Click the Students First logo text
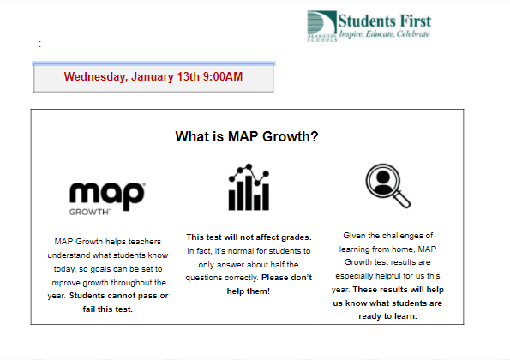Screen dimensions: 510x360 (x=385, y=21)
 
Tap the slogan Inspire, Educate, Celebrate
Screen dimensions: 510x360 (x=385, y=33)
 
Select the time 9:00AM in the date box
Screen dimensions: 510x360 (x=223, y=77)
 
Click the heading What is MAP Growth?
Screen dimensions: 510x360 (x=247, y=136)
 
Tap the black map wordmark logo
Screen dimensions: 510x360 (x=107, y=195)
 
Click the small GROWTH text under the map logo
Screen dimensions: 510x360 (x=89, y=212)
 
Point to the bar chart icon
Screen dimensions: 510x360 (x=249, y=187)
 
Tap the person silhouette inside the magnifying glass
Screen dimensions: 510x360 (x=383, y=181)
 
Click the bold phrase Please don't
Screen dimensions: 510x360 (x=286, y=278)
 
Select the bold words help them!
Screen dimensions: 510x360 (x=249, y=291)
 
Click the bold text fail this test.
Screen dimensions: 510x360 (x=108, y=309)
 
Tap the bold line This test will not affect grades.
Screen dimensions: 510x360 (x=249, y=237)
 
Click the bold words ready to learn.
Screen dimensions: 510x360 (x=387, y=316)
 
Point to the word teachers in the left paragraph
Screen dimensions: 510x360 (x=144, y=242)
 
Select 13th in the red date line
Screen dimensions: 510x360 (x=188, y=77)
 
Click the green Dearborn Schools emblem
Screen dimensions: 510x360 (x=321, y=26)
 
